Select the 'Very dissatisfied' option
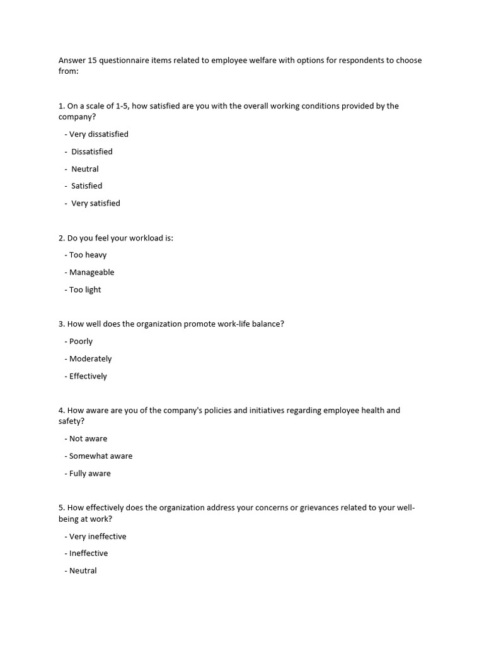pyautogui.click(x=98, y=134)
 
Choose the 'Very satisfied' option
pyautogui.click(x=95, y=203)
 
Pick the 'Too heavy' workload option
pyautogui.click(x=88, y=255)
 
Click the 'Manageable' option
pyautogui.click(x=91, y=273)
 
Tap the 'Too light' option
pyautogui.click(x=85, y=290)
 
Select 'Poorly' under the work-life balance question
pyautogui.click(x=81, y=341)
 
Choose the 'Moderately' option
pyautogui.click(x=90, y=359)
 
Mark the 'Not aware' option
pyautogui.click(x=88, y=438)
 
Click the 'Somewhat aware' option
pyautogui.click(x=101, y=456)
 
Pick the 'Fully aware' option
pyautogui.click(x=89, y=473)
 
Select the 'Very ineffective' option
pyautogui.click(x=98, y=536)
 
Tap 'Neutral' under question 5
pyautogui.click(x=83, y=571)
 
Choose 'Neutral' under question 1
pyautogui.click(x=85, y=169)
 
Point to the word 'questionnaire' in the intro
pyautogui.click(x=126, y=61)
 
